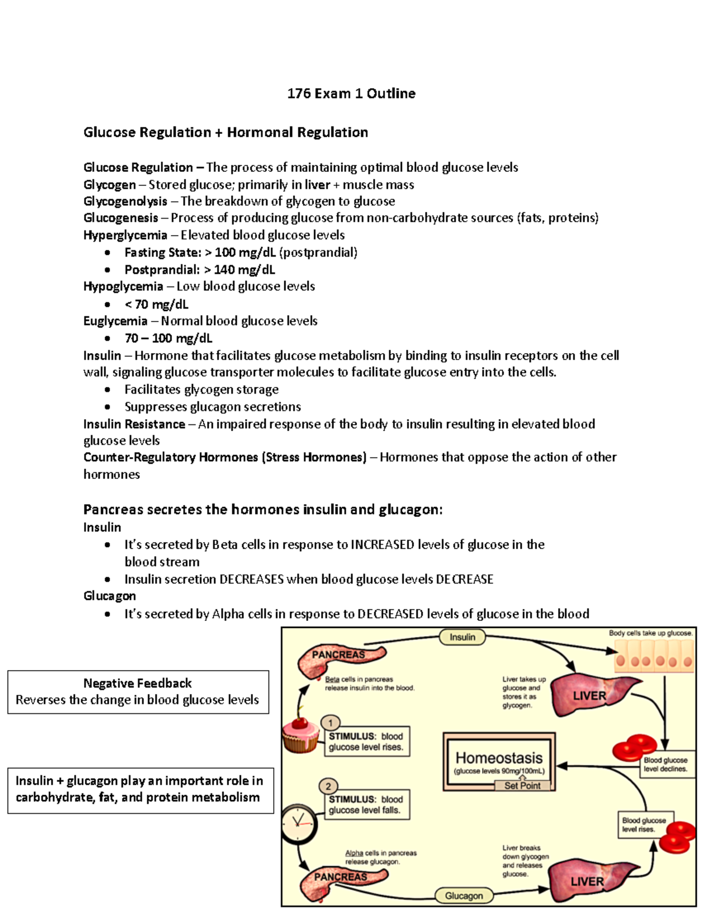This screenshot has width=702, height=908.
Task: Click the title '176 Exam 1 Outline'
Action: tap(351, 94)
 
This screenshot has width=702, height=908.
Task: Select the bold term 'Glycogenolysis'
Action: tap(125, 202)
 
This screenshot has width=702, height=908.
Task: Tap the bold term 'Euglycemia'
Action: tap(115, 321)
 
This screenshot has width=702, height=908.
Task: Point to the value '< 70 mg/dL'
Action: tap(156, 304)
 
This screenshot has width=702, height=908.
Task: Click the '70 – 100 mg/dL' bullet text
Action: tap(168, 339)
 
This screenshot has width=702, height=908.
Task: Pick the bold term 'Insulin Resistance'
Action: tap(134, 424)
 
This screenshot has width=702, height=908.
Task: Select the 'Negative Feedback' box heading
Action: tap(137, 683)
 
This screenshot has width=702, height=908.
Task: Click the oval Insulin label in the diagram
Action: tap(462, 637)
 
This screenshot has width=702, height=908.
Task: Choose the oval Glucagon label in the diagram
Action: tap(464, 895)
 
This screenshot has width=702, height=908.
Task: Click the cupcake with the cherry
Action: tap(301, 734)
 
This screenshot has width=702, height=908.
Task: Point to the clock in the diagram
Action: tap(299, 823)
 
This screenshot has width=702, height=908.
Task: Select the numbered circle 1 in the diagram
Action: tap(331, 723)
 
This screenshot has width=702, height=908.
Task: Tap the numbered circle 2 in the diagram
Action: tap(329, 786)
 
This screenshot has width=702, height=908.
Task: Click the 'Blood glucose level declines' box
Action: tap(665, 764)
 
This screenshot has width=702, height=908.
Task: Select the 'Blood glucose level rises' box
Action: tap(643, 824)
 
